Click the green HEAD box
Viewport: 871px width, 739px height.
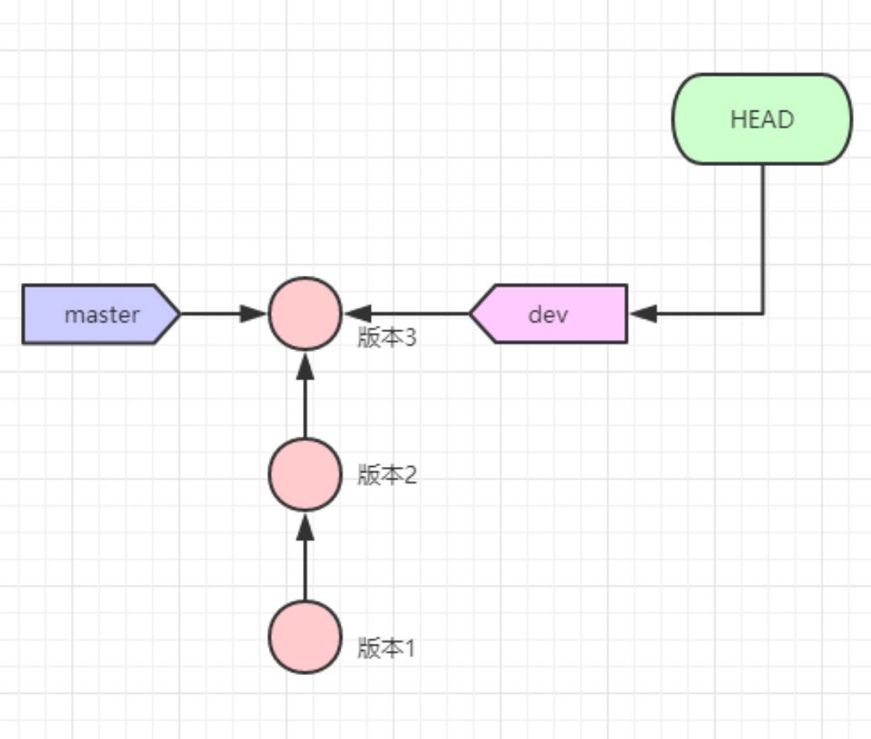pos(762,119)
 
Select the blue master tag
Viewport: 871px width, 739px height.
pos(101,314)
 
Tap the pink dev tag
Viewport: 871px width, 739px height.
pos(548,314)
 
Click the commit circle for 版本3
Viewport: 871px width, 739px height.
pos(305,313)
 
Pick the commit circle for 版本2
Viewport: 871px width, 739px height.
pos(305,474)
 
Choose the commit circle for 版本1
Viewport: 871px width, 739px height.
pos(305,637)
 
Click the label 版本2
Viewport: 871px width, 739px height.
pos(387,474)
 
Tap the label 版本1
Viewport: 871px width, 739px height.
pos(387,647)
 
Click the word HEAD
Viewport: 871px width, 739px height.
pos(762,119)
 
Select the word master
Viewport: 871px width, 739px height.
pos(101,315)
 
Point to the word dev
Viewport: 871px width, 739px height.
pos(548,315)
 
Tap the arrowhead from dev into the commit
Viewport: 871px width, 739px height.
pos(357,314)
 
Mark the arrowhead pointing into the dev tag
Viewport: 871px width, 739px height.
pos(643,314)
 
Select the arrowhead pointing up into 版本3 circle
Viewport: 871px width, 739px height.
pos(305,363)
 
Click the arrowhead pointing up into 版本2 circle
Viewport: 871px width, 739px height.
pos(305,526)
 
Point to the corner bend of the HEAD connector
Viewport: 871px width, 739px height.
pos(762,314)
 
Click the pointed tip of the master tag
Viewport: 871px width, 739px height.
pos(179,314)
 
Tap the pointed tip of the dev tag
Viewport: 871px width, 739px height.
pos(471,314)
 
